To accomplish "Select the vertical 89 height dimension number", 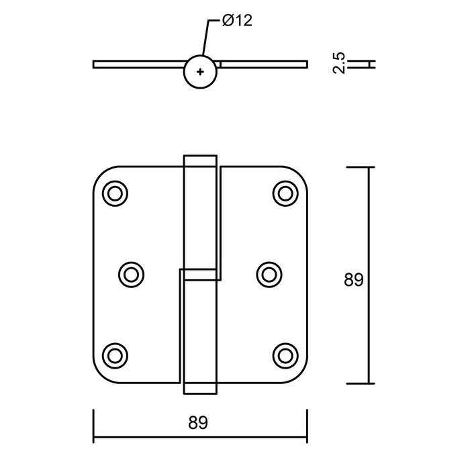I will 353,279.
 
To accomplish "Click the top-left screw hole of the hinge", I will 115,193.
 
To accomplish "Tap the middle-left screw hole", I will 130,273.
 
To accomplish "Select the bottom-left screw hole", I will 115,354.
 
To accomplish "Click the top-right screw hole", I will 284,193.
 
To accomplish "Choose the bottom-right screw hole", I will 284,354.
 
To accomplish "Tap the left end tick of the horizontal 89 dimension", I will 93,423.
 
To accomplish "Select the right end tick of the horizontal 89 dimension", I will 307,423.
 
